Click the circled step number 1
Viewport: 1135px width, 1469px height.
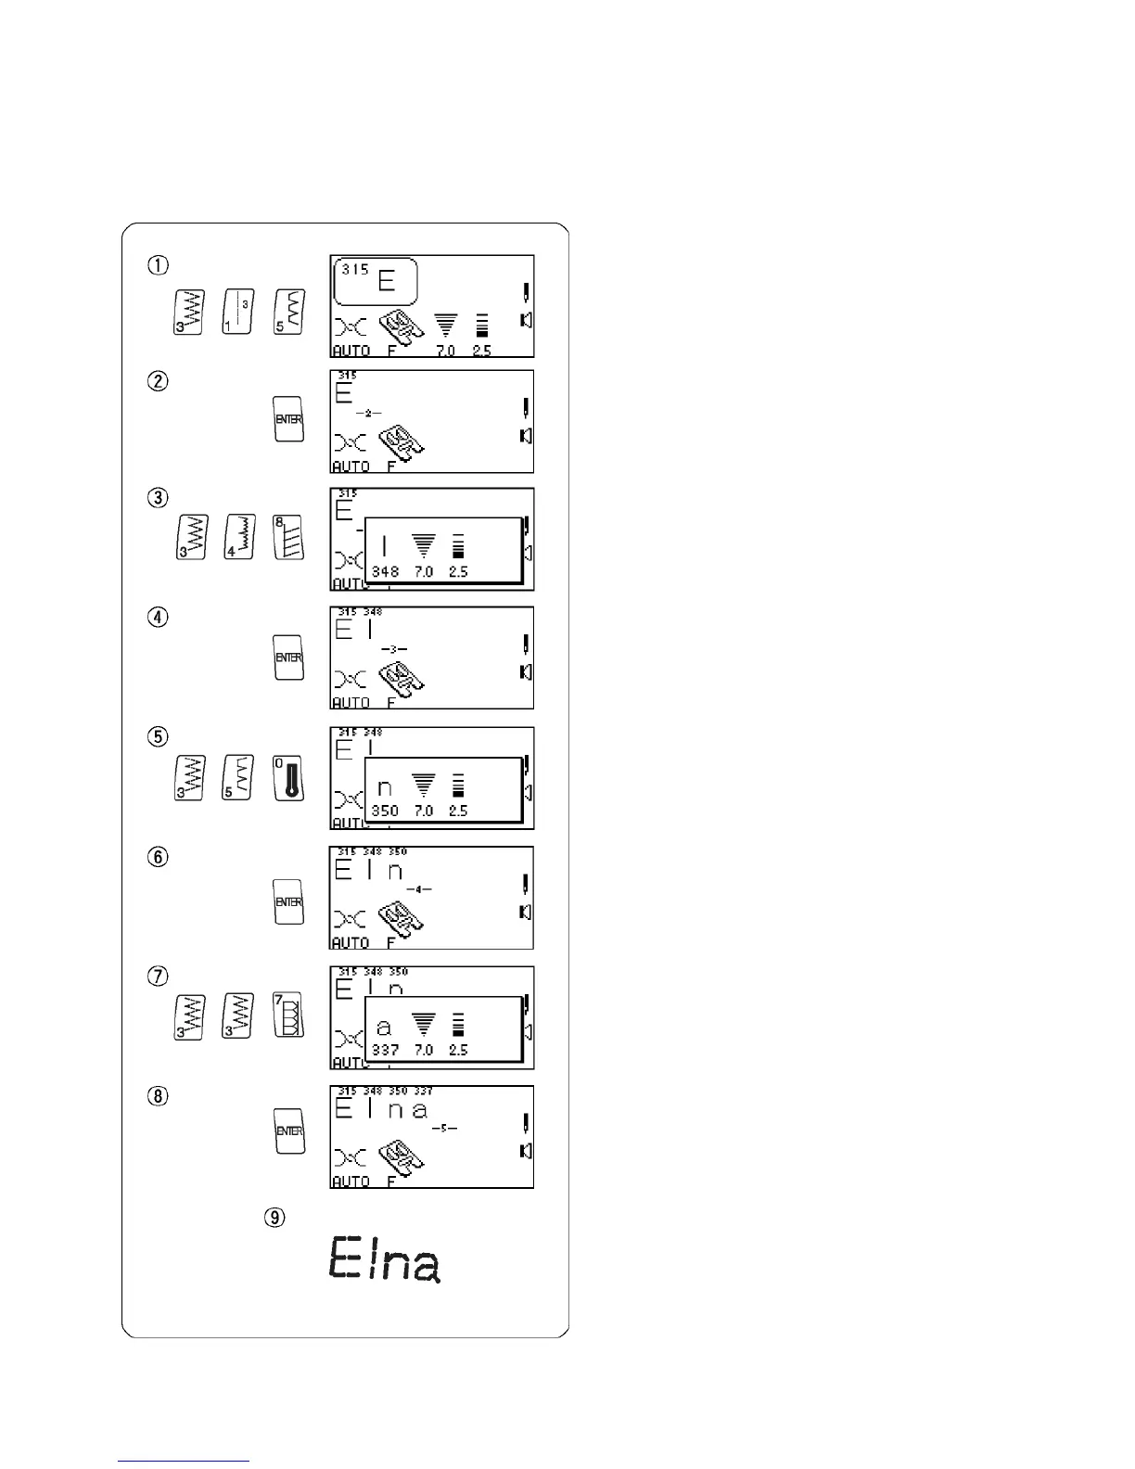[159, 265]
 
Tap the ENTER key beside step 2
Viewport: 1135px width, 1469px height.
[289, 419]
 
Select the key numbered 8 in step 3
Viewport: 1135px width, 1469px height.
[289, 537]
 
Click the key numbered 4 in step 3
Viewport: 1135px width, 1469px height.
[241, 537]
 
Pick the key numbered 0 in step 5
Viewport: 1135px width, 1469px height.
[289, 777]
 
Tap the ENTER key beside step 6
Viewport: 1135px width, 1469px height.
[289, 901]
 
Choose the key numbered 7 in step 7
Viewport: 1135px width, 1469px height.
[289, 1016]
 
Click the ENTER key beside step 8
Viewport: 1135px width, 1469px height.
[289, 1130]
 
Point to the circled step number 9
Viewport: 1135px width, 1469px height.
[274, 1218]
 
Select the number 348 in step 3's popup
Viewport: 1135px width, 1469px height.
[385, 572]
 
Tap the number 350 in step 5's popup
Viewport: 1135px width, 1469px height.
[385, 811]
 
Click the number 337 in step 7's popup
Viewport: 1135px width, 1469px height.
[385, 1050]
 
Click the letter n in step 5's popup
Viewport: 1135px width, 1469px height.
[384, 788]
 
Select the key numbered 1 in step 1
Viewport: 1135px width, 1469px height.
[239, 313]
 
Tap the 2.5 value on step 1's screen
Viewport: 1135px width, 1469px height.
[482, 351]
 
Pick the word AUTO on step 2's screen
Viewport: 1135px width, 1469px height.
[351, 466]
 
